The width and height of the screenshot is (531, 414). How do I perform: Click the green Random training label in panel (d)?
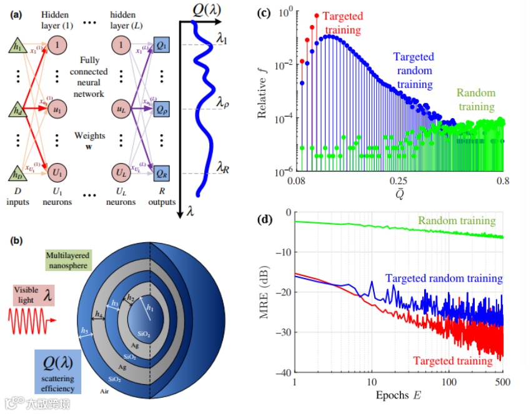point(456,221)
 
